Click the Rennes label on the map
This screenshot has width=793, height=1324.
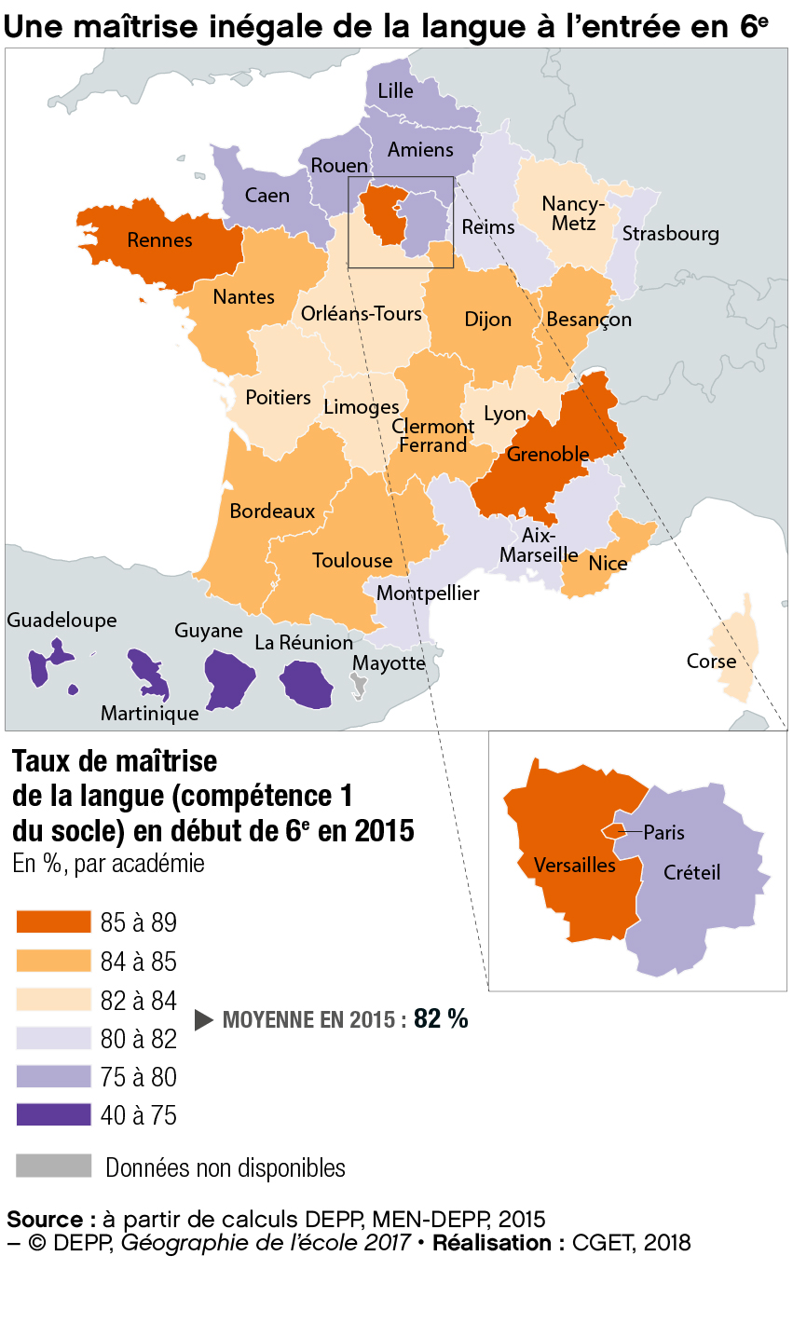pyautogui.click(x=159, y=240)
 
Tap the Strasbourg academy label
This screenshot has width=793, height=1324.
pyautogui.click(x=670, y=233)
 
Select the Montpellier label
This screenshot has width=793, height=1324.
pyautogui.click(x=428, y=594)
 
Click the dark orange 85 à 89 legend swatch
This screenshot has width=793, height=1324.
pyautogui.click(x=53, y=922)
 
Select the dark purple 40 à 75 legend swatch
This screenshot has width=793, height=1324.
pyautogui.click(x=53, y=1114)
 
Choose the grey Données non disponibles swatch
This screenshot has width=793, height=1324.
pyautogui.click(x=53, y=1167)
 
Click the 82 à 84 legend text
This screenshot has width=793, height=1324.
pyautogui.click(x=138, y=1001)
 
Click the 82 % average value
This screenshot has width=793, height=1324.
pyautogui.click(x=441, y=1019)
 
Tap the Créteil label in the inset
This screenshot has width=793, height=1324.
pyautogui.click(x=691, y=873)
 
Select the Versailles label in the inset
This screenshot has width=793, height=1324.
pyautogui.click(x=574, y=866)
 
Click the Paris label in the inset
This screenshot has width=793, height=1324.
pyautogui.click(x=663, y=833)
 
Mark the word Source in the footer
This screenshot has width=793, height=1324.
pyautogui.click(x=45, y=1220)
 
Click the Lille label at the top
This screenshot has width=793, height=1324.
pyautogui.click(x=395, y=91)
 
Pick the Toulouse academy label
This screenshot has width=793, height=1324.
pyautogui.click(x=352, y=561)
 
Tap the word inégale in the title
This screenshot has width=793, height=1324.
pyautogui.click(x=262, y=28)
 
